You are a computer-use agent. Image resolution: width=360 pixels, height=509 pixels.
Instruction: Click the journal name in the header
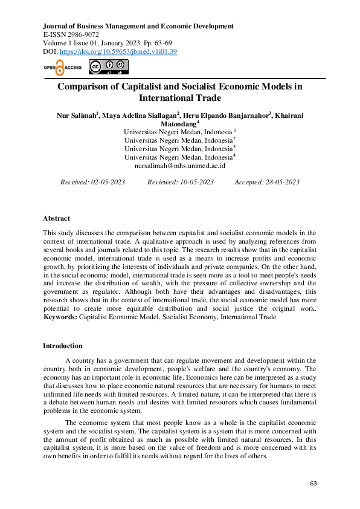pos(138,26)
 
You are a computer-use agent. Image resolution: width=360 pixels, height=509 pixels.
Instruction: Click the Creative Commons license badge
pos(103,67)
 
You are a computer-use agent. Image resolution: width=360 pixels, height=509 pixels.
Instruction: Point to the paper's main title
pos(180,92)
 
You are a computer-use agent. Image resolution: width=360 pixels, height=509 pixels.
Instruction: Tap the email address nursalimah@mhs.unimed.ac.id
pos(180,165)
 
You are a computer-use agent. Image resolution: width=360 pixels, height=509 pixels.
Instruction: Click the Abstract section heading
pos(56,218)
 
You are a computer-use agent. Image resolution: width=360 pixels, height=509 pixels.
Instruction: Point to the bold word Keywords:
pos(60,317)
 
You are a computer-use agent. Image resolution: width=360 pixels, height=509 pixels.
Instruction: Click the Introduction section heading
pos(63,346)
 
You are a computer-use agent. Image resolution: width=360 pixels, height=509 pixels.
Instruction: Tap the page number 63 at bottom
pos(313,484)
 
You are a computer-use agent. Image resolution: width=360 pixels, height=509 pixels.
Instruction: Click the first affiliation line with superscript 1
pos(179,132)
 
